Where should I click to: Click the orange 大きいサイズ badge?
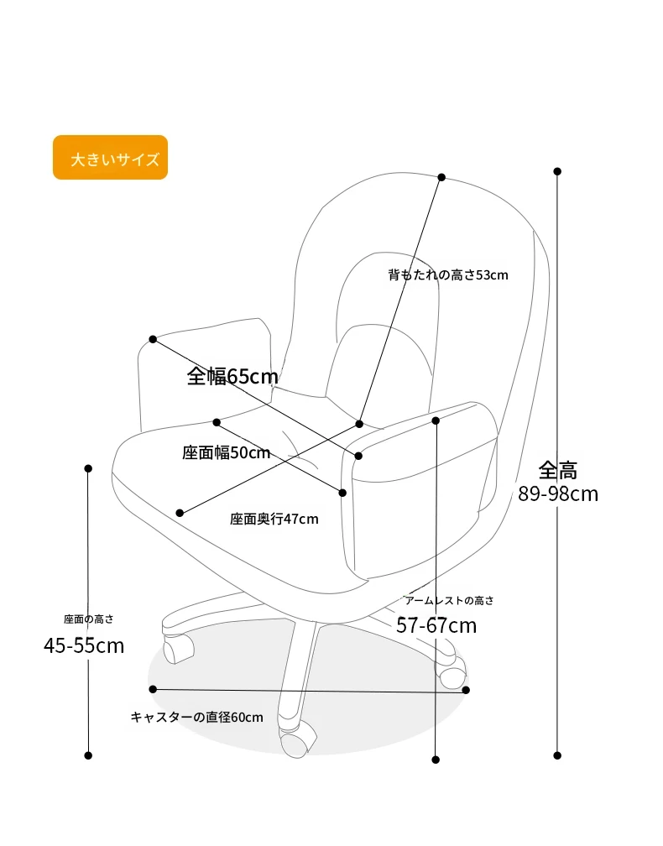(x=110, y=157)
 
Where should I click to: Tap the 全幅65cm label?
(x=232, y=376)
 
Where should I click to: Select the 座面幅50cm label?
(x=226, y=452)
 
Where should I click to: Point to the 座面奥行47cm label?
(x=274, y=519)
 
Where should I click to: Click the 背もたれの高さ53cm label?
(x=448, y=274)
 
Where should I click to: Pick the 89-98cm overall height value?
(x=558, y=493)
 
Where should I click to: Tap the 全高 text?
(x=558, y=471)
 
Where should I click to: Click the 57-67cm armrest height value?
(x=436, y=625)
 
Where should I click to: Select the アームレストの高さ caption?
(x=449, y=601)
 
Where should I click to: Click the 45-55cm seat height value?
(x=84, y=645)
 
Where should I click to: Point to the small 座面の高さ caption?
(x=88, y=619)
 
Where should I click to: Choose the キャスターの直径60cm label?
(x=197, y=717)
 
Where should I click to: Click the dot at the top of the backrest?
(x=441, y=177)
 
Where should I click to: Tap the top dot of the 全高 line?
(x=557, y=171)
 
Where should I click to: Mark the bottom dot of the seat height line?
(x=88, y=755)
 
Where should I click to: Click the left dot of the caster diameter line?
(x=153, y=689)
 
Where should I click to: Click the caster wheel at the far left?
(x=178, y=648)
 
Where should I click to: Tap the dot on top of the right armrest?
(x=436, y=420)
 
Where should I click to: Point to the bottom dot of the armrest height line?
(x=436, y=760)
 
